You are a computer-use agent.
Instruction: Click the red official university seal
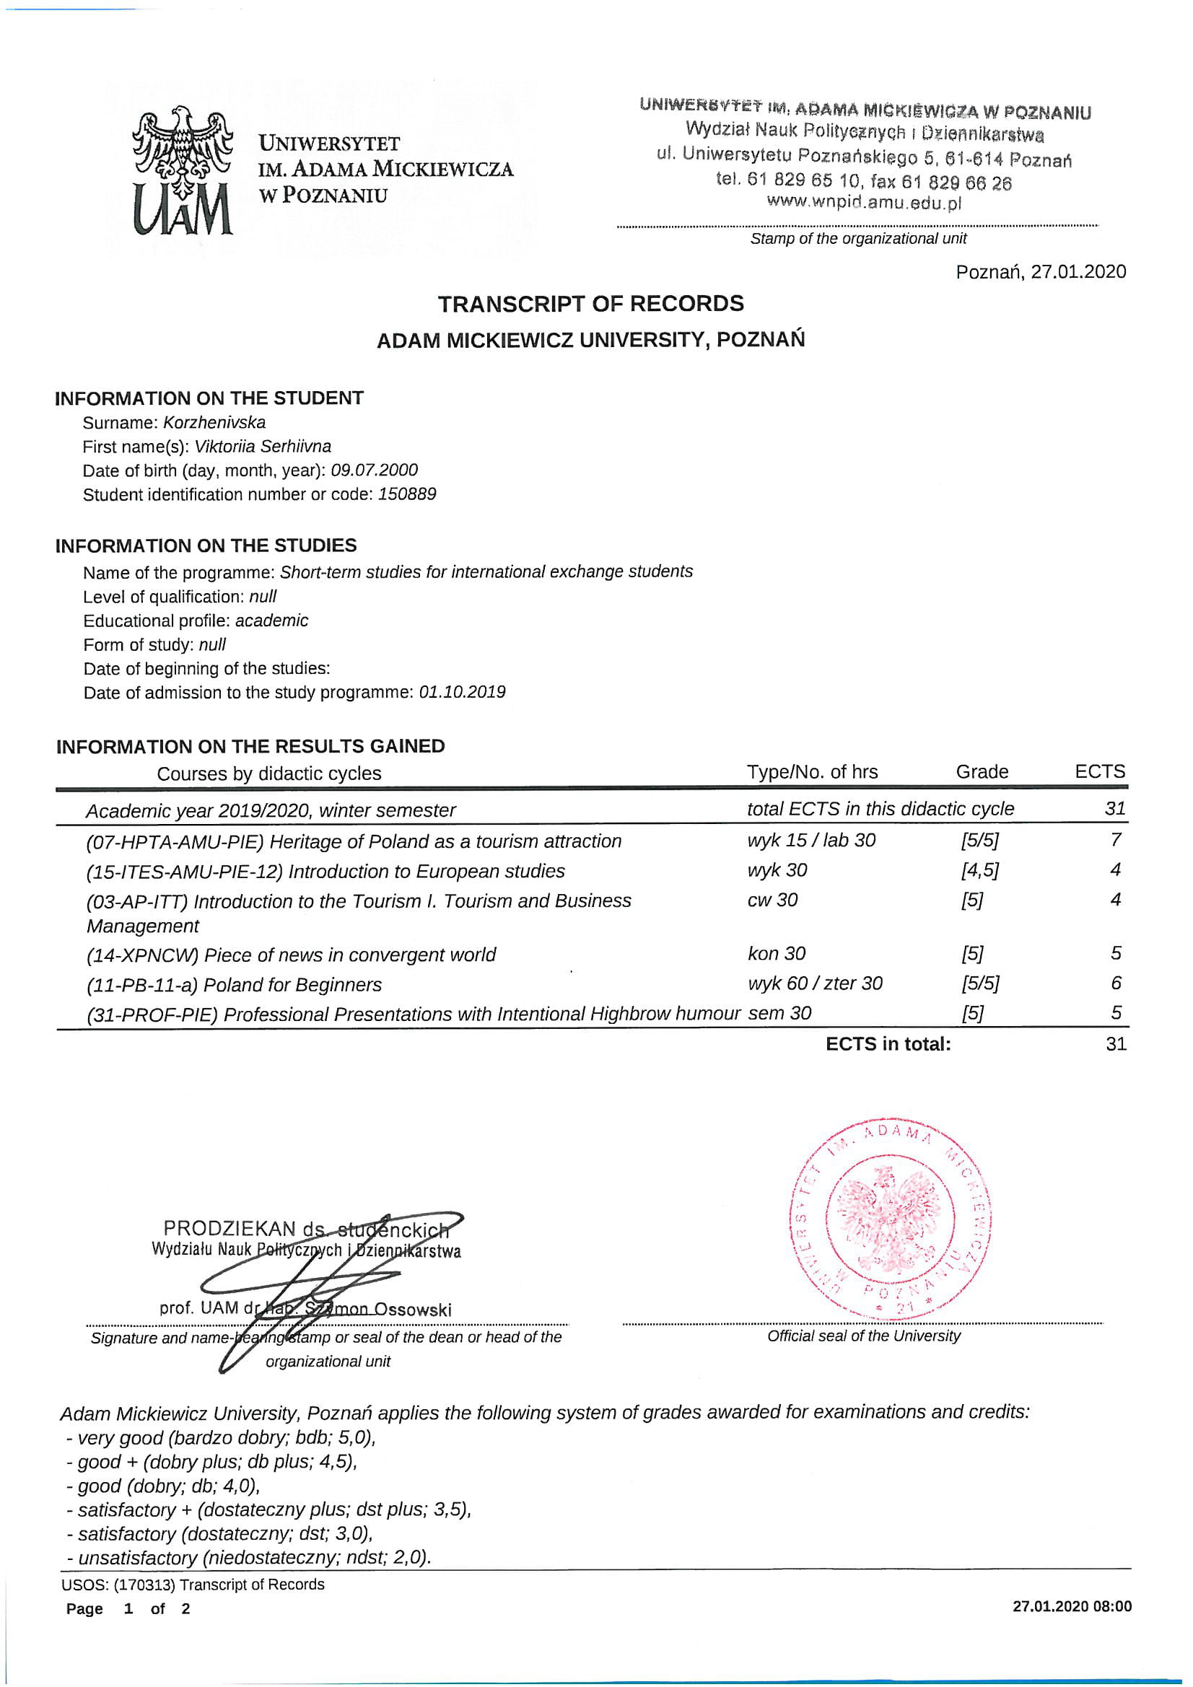[889, 1222]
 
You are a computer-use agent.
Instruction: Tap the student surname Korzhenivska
[214, 423]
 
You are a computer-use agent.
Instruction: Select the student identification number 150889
[406, 494]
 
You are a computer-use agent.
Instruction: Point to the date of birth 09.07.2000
[373, 470]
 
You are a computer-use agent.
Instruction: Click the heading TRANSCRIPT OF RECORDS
[590, 304]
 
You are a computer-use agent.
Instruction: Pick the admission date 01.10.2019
[462, 692]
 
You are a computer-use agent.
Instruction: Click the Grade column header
[982, 772]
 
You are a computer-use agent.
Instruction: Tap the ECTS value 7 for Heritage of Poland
[1115, 840]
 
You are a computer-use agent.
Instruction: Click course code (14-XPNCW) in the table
[143, 955]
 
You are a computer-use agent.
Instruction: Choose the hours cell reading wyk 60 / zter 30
[814, 983]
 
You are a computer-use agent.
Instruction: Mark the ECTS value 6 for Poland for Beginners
[1115, 983]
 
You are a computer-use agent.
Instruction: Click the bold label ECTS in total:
[887, 1044]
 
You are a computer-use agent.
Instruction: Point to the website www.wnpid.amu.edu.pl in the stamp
[864, 202]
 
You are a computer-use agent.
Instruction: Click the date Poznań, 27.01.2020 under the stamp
[1040, 272]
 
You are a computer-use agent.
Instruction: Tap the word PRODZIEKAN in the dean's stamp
[230, 1229]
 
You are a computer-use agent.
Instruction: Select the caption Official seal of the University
[863, 1336]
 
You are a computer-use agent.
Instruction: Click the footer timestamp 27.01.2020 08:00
[1071, 1606]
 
